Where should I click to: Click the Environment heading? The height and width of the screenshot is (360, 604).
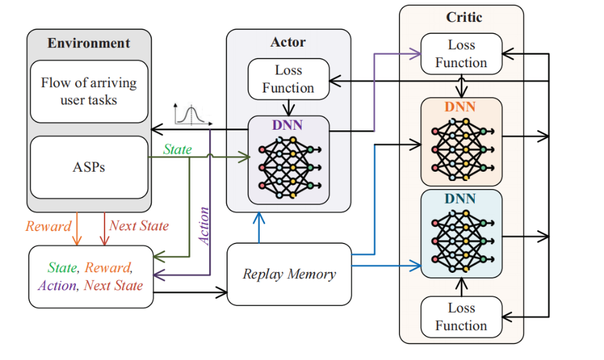coord(89,43)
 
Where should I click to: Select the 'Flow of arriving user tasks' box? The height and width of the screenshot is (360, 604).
coord(89,91)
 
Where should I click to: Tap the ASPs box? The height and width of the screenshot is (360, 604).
coord(89,167)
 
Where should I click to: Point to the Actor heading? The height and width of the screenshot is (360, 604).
coord(288,43)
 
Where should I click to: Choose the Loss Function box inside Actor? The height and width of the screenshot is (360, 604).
coord(288,79)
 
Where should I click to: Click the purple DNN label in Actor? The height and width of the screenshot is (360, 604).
coord(288,124)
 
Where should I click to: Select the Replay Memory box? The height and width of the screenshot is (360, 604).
coord(289,274)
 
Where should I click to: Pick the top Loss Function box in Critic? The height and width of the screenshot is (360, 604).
coord(461,54)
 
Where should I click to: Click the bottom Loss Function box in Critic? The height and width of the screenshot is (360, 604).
coord(461,317)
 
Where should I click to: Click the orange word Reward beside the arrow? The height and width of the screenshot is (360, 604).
coord(48,226)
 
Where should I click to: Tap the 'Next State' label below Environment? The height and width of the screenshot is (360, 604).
coord(139,226)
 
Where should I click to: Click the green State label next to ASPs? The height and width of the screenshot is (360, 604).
coord(177,150)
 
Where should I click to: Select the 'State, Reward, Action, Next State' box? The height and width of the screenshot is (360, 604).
coord(91,276)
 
